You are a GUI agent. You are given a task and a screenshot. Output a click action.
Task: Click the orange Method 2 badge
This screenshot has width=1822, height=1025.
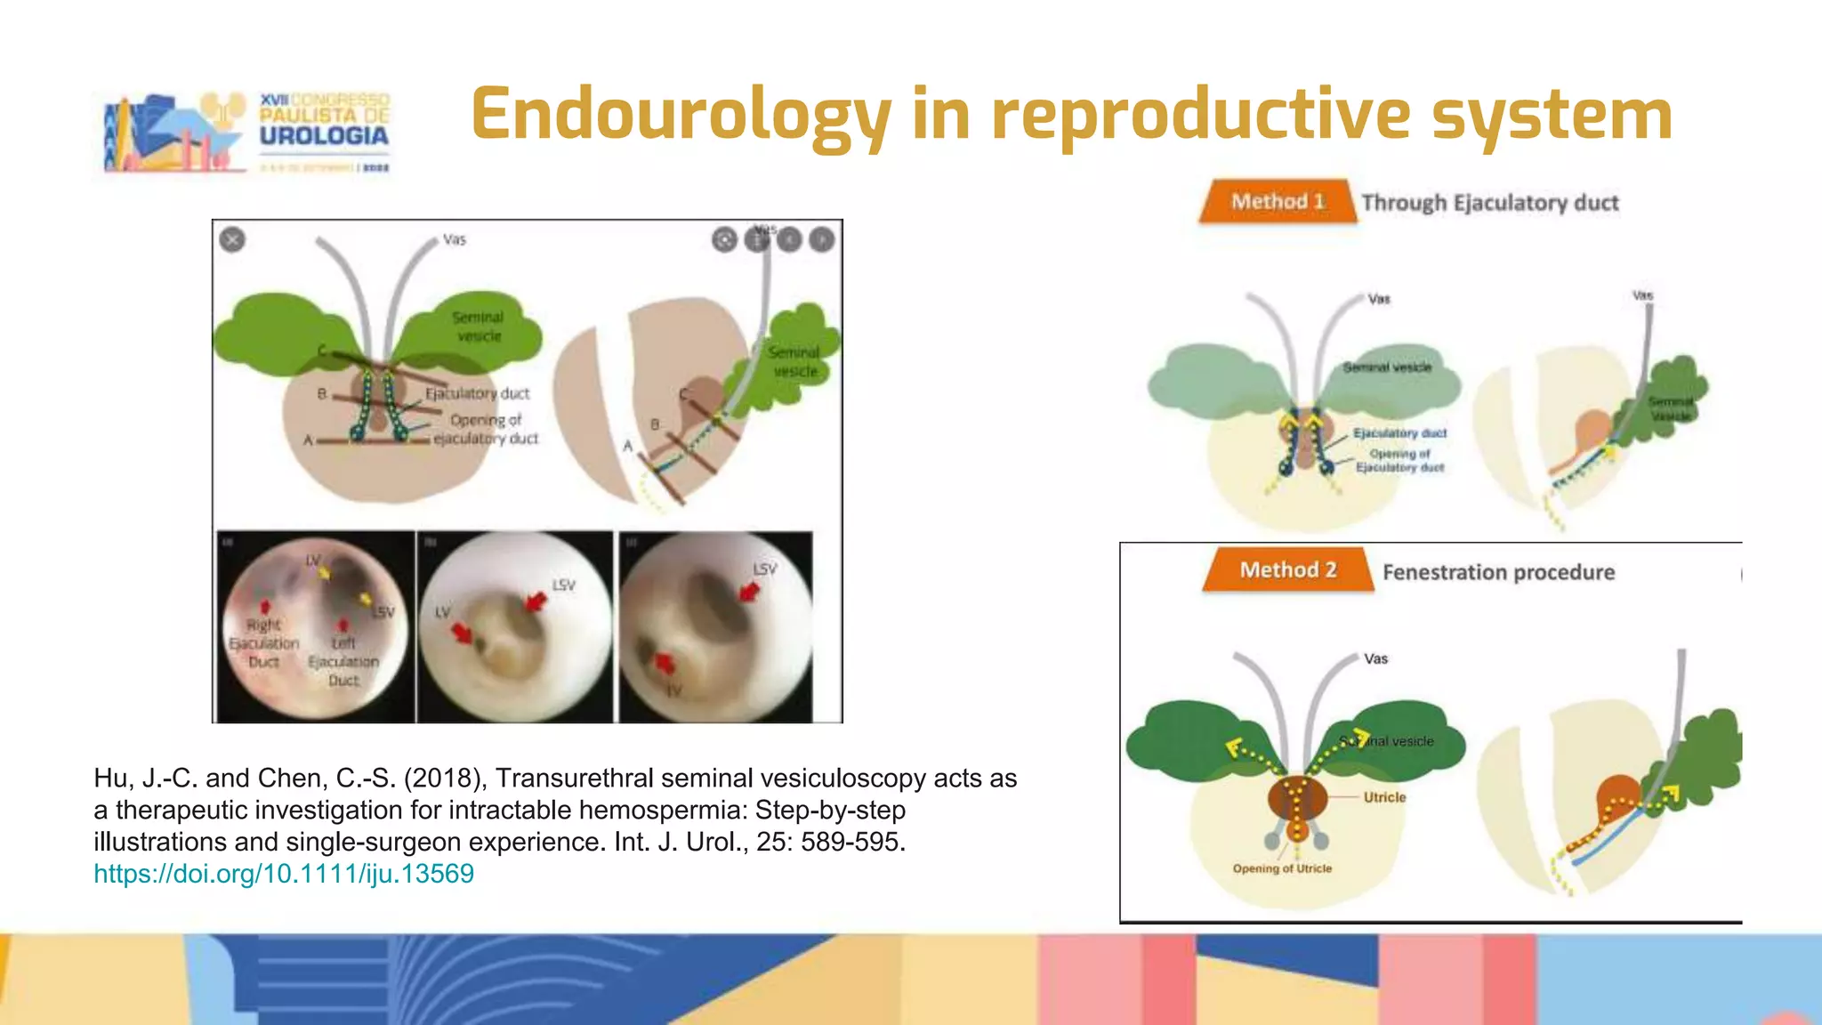click(x=1287, y=570)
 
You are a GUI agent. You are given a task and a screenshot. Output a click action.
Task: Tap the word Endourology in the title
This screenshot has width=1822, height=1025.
click(x=681, y=116)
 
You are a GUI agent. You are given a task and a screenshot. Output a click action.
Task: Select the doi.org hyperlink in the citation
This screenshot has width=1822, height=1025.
click(x=284, y=874)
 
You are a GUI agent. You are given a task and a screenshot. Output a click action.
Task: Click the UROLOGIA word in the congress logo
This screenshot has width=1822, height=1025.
click(x=324, y=136)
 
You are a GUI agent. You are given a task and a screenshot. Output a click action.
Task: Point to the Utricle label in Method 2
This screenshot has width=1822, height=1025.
click(x=1384, y=797)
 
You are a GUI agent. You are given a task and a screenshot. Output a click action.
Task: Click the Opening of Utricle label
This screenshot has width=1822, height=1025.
click(x=1282, y=868)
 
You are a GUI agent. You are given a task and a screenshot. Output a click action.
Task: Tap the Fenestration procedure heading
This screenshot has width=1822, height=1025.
click(x=1498, y=572)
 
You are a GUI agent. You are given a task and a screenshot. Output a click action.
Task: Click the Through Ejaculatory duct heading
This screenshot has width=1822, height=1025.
click(x=1490, y=203)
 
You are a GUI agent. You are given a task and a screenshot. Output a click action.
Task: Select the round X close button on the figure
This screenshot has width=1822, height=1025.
click(x=232, y=239)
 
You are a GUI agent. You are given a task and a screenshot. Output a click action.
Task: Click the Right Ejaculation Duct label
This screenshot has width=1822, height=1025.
click(x=263, y=643)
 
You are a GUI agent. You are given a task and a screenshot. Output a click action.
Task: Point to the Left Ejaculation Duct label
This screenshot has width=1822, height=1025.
click(x=343, y=662)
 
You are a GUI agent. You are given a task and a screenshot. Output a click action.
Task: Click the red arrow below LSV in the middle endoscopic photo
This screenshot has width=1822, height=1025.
click(x=535, y=602)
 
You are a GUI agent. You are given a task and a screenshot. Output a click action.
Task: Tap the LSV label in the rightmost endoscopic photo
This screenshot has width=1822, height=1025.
click(x=764, y=569)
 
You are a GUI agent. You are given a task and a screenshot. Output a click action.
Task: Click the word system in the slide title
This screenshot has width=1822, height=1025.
click(x=1552, y=116)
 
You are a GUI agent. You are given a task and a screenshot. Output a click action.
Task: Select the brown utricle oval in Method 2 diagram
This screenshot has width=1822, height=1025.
click(x=1296, y=797)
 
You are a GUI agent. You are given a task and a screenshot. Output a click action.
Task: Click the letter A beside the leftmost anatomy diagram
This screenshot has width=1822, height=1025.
click(x=308, y=440)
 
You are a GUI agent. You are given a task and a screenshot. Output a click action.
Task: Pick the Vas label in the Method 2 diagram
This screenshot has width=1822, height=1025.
click(x=1375, y=659)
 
